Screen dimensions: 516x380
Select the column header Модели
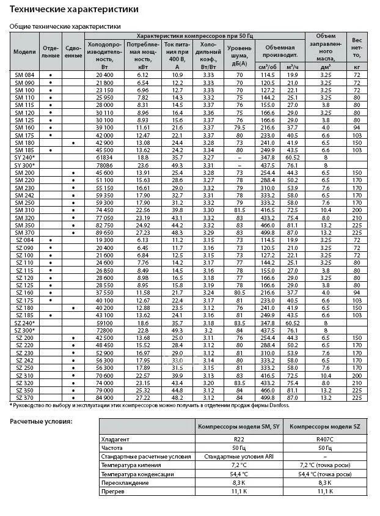pyautogui.click(x=24, y=52)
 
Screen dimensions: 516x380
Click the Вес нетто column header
pyautogui.click(x=356, y=52)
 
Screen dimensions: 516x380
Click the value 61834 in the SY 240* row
pyautogui.click(x=104, y=158)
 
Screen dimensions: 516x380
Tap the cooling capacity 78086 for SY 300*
pyautogui.click(x=104, y=165)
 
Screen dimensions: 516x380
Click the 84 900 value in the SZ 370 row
pyautogui.click(x=104, y=397)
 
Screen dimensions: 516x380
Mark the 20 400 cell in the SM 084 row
pyautogui.click(x=104, y=75)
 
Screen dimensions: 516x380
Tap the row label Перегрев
pyautogui.click(x=112, y=491)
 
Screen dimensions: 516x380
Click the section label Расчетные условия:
pyautogui.click(x=41, y=421)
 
